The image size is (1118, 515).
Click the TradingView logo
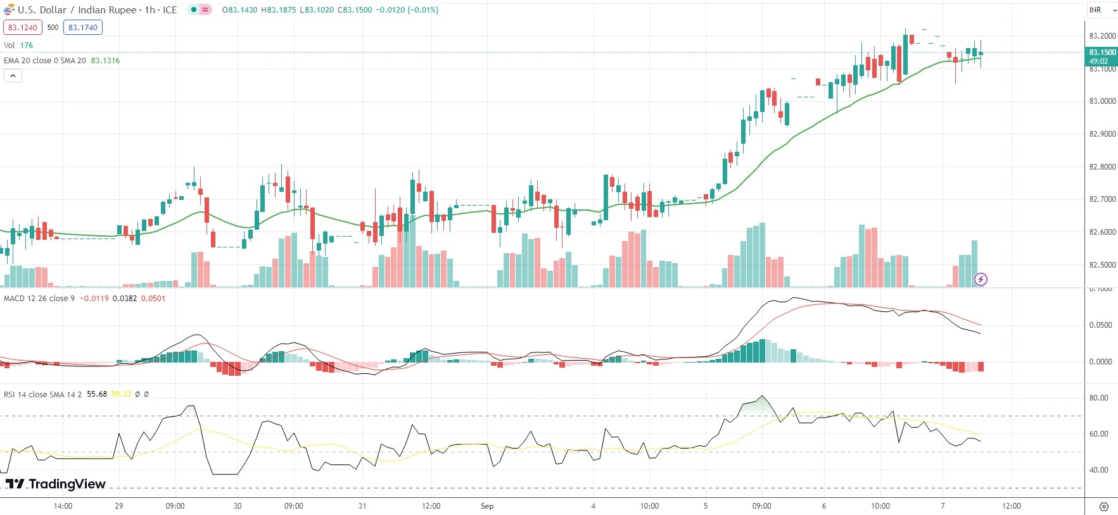click(56, 484)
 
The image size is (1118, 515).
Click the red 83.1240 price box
click(23, 27)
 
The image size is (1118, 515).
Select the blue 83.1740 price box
click(83, 27)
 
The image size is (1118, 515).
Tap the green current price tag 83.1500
click(1102, 53)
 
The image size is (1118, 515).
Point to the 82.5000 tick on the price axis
click(1102, 265)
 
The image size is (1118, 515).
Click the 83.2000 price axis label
click(1102, 36)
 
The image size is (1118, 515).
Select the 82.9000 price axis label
click(1102, 134)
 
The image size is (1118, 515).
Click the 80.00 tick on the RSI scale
click(1098, 398)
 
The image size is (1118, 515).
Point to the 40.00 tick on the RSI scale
click(1098, 470)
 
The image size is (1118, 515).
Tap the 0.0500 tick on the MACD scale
click(1100, 325)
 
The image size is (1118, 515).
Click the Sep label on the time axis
click(487, 506)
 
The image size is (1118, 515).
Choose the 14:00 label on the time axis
click(63, 506)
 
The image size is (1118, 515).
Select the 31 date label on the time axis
click(362, 506)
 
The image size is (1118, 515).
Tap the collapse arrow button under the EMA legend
click(13, 76)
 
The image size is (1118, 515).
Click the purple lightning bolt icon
click(981, 279)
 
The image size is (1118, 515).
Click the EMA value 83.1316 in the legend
click(105, 61)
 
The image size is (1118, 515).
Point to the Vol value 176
click(27, 46)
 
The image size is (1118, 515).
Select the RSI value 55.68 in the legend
click(97, 394)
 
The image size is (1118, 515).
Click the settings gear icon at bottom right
click(1103, 507)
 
